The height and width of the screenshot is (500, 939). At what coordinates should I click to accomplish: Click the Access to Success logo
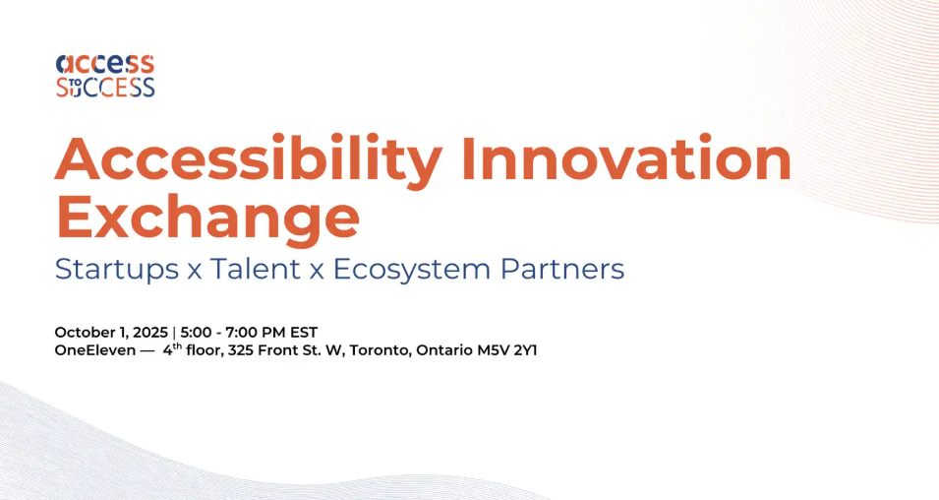(x=105, y=76)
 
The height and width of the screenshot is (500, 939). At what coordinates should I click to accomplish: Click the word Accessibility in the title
(x=249, y=159)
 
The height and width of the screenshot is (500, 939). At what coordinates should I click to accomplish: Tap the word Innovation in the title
(x=627, y=158)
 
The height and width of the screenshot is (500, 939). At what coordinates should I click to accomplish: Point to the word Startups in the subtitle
(x=117, y=269)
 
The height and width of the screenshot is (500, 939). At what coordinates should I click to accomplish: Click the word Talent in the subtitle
(x=255, y=268)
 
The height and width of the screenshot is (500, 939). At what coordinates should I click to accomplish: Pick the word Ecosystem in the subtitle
(x=412, y=269)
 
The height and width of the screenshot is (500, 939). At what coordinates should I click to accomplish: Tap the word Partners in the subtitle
(x=562, y=268)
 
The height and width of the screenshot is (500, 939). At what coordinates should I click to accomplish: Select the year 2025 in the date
(x=150, y=332)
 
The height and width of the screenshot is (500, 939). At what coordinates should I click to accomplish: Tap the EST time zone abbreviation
(x=304, y=332)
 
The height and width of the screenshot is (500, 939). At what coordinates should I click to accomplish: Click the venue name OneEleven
(x=95, y=350)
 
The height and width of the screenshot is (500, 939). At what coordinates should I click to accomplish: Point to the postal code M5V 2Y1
(x=507, y=350)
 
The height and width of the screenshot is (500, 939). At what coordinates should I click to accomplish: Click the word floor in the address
(x=205, y=350)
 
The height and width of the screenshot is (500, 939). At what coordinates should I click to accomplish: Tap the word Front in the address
(x=277, y=350)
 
